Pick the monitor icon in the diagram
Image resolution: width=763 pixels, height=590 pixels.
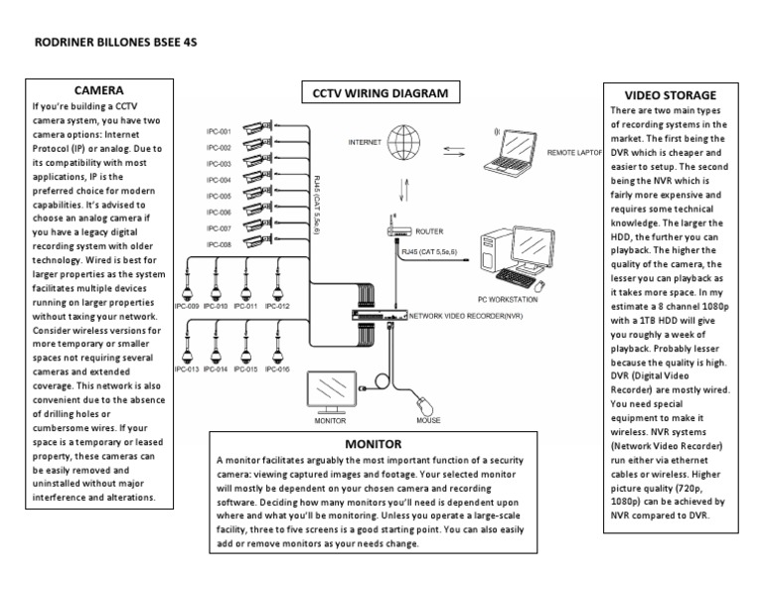coord(335,390)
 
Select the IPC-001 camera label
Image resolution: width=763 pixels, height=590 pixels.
coord(219,131)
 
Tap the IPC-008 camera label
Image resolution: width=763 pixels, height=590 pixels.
coord(219,244)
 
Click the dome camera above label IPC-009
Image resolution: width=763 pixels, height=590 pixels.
coord(186,282)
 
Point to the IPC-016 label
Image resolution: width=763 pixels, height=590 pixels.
coord(277,369)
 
